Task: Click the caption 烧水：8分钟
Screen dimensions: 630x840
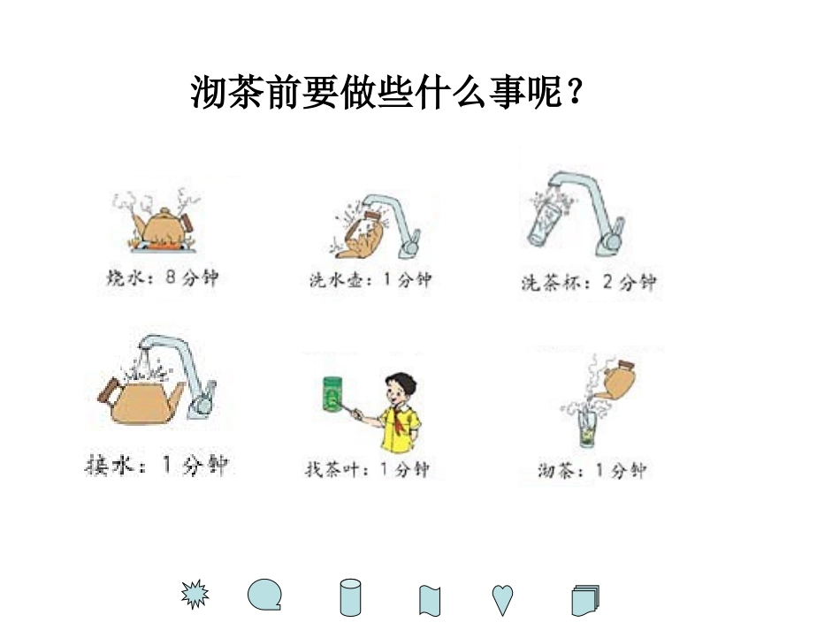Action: tap(162, 278)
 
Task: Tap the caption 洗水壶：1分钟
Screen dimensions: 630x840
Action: tap(370, 280)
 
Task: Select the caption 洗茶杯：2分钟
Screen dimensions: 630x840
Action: tap(589, 283)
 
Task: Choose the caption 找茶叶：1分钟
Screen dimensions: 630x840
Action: tap(367, 469)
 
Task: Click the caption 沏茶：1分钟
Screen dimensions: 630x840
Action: tap(592, 470)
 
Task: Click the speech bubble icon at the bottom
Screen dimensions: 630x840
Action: tap(264, 595)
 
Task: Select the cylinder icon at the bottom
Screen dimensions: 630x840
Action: tap(351, 597)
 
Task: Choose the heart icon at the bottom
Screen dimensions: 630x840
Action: tap(503, 599)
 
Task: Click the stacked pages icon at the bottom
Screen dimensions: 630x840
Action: tap(584, 600)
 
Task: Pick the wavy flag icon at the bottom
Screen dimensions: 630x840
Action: tap(430, 600)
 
